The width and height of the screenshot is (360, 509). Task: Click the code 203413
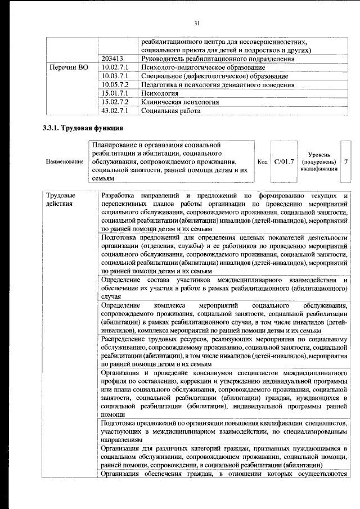click(x=113, y=58)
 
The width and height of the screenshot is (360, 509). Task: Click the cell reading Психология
click(x=160, y=93)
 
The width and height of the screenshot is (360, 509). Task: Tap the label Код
click(x=262, y=162)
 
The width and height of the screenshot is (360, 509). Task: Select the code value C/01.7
click(x=285, y=162)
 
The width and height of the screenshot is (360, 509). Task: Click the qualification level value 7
click(x=346, y=162)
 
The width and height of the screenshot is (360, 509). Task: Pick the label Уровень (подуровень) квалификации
click(x=319, y=162)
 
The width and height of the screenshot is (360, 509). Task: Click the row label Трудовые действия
click(x=61, y=199)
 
